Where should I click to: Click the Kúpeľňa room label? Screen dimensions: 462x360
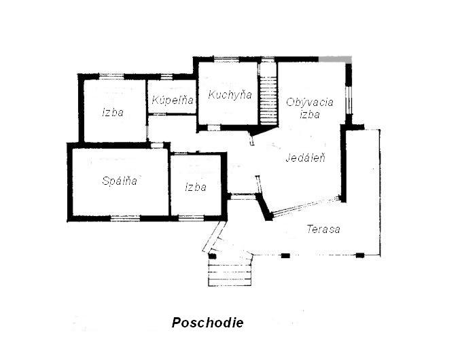(173, 100)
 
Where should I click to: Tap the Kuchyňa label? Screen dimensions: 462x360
(230, 94)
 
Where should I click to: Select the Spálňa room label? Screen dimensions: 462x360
(120, 180)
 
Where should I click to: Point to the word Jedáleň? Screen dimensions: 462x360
(306, 158)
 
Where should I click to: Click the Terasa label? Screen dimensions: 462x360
(323, 229)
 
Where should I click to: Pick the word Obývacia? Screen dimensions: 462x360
(310, 102)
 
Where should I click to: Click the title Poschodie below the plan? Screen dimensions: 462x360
(207, 322)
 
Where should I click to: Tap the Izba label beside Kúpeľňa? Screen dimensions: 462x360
(113, 112)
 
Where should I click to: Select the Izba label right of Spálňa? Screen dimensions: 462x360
(196, 187)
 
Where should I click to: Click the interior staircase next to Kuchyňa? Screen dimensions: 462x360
(268, 100)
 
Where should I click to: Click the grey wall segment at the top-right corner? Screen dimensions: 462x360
(335, 59)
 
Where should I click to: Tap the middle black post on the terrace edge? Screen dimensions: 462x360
(285, 255)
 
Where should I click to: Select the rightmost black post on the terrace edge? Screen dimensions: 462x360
(360, 255)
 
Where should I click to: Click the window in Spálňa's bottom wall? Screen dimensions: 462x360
(125, 218)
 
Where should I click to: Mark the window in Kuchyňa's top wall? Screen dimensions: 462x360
(226, 59)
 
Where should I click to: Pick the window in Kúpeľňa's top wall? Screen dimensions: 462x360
(166, 77)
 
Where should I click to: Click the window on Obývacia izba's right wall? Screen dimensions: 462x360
(349, 100)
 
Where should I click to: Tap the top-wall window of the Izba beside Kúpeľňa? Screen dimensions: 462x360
(111, 77)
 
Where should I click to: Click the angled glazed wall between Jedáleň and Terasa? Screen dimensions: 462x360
(305, 206)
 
